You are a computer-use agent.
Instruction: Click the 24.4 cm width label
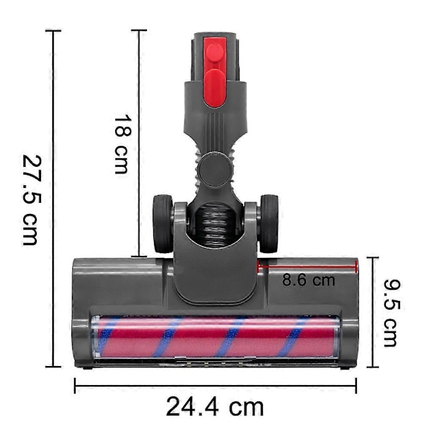pos(215,406)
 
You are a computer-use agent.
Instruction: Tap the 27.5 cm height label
pos(33,200)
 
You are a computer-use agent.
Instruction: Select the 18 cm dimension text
pos(122,145)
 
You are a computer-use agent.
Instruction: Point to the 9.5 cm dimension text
pos(391,313)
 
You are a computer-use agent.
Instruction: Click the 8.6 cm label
pos(309,280)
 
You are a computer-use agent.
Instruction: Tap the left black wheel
pos(163,223)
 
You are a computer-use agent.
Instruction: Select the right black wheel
pos(268,223)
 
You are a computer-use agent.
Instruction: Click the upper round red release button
pos(215,52)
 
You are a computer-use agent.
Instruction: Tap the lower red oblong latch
pos(215,88)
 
